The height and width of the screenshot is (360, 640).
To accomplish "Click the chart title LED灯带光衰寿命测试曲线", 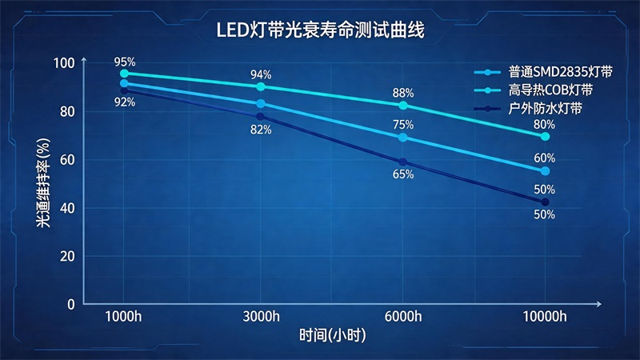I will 319,31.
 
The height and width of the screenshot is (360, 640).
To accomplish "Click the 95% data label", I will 124,61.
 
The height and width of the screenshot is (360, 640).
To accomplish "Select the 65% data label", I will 403,174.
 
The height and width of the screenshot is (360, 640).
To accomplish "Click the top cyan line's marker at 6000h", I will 403,106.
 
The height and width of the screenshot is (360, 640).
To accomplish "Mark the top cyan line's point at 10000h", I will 545,137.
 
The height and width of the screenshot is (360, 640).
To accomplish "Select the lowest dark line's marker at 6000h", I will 403,162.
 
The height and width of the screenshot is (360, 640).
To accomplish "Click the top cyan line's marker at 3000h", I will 261,86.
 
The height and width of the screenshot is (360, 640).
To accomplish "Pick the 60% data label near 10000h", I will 545,158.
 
